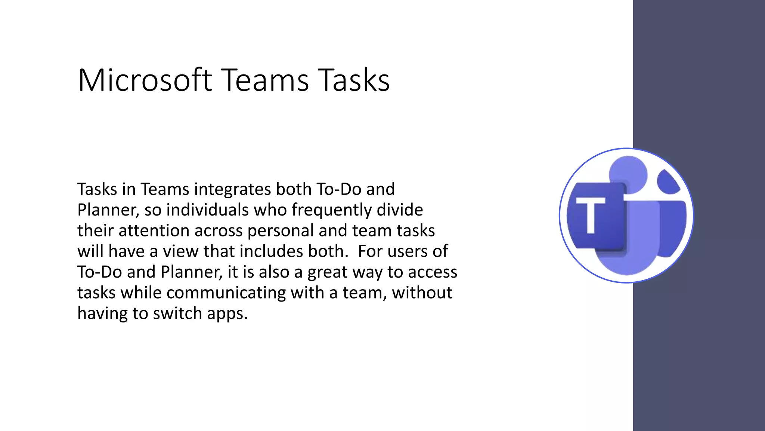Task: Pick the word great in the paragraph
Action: click(327, 272)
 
